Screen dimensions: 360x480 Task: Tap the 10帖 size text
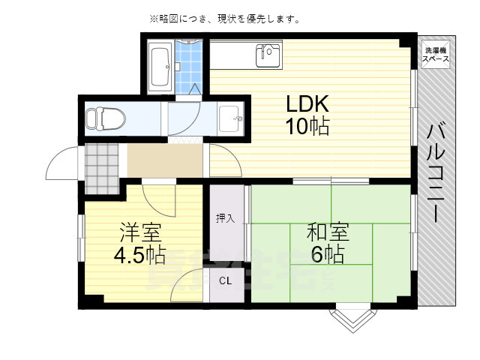pos(307,127)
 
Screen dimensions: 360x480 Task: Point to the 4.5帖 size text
pos(139,256)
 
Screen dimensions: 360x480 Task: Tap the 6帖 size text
pos(326,255)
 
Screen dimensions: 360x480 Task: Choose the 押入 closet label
pos(226,218)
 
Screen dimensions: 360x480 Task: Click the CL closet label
pos(226,281)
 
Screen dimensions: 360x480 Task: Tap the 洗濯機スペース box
pos(436,54)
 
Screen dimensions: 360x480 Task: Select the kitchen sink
pos(267,54)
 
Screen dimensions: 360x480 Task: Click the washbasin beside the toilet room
pos(231,118)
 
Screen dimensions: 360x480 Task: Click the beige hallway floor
pos(164,160)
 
